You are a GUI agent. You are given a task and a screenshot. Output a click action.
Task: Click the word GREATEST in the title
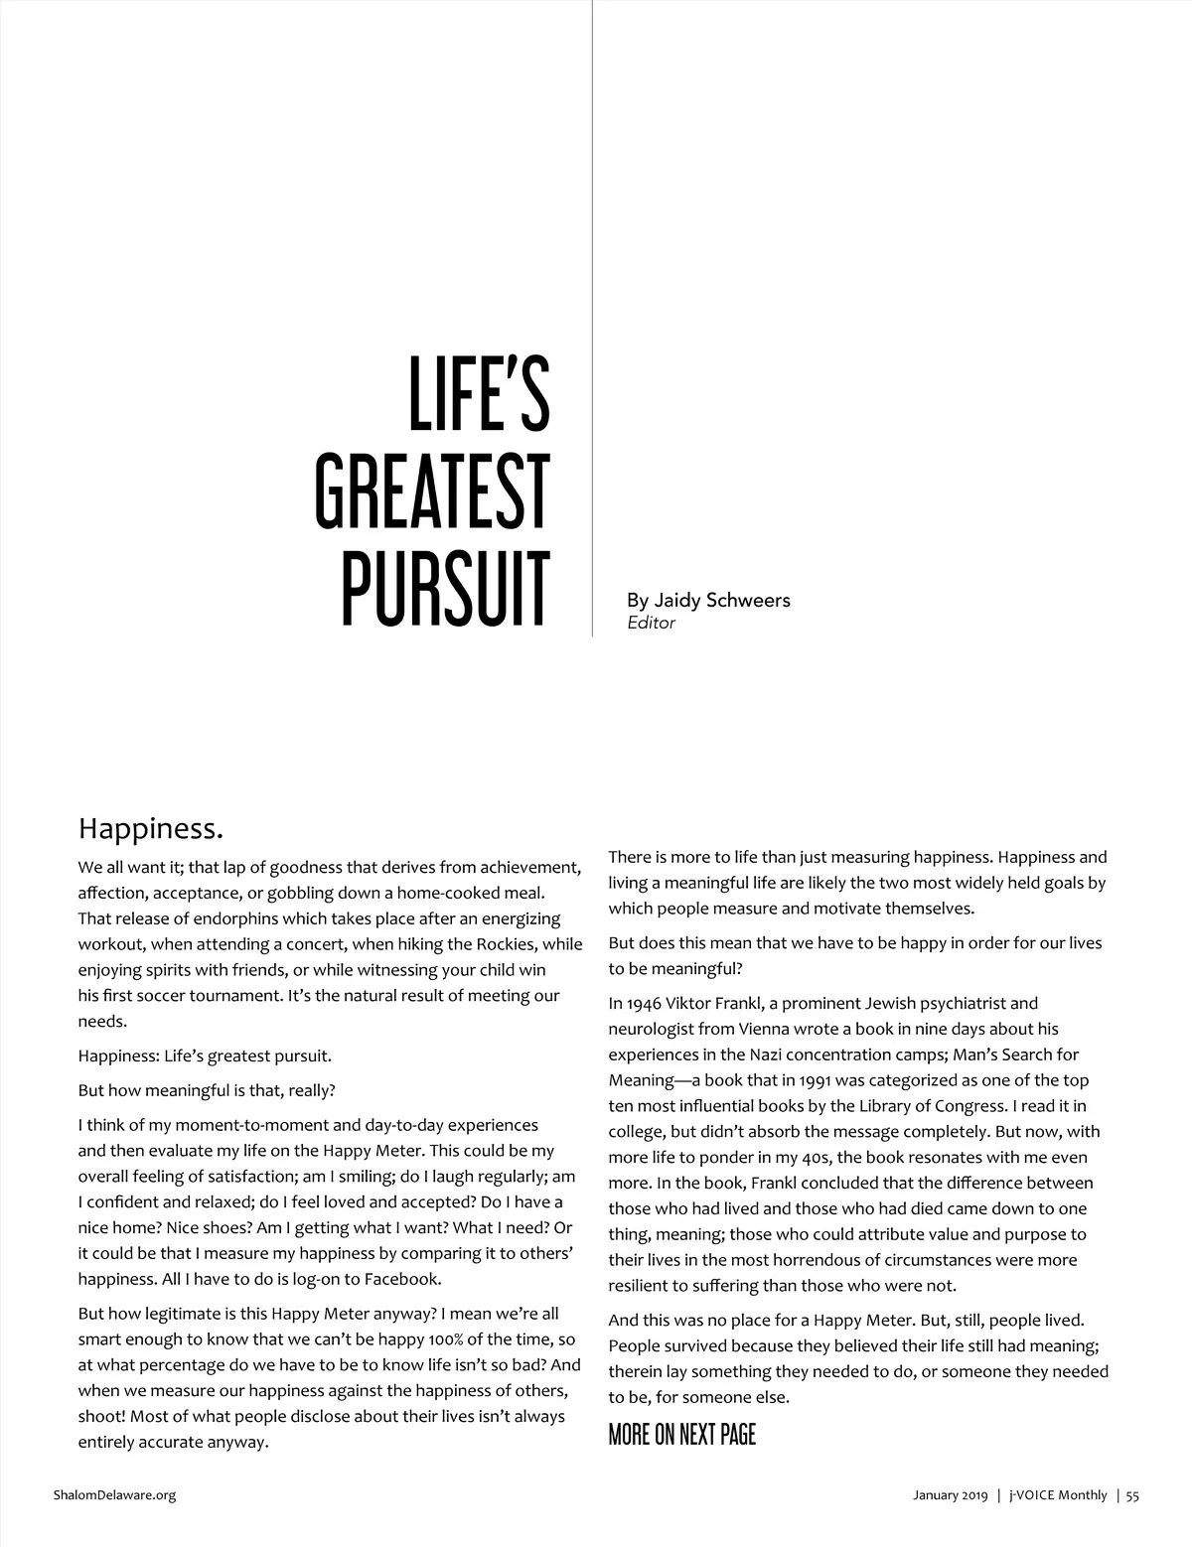coord(433,493)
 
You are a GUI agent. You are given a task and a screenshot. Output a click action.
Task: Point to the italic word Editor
coord(651,624)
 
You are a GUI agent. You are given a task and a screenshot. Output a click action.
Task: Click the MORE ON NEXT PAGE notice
coord(681,1434)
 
